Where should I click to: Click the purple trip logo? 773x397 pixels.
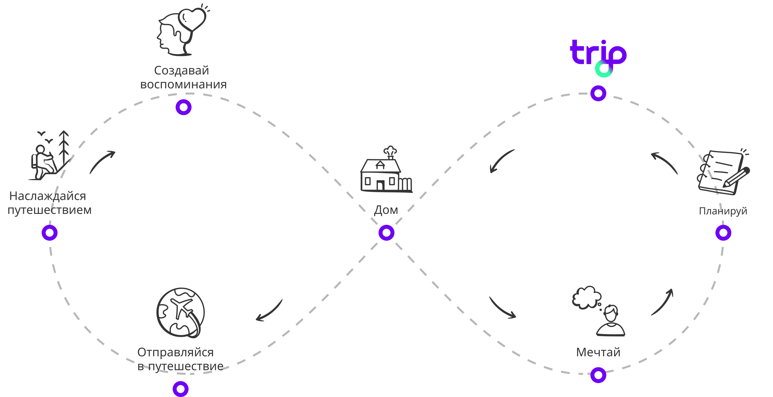pyautogui.click(x=597, y=54)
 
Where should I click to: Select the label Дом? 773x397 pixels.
pyautogui.click(x=386, y=210)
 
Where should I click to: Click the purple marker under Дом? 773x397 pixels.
pyautogui.click(x=386, y=233)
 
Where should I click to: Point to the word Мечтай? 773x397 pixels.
pyautogui.click(x=598, y=352)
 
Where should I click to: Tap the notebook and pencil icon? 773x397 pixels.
pyautogui.click(x=723, y=173)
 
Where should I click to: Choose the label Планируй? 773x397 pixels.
pyautogui.click(x=723, y=211)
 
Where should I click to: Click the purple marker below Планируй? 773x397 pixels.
pyautogui.click(x=723, y=233)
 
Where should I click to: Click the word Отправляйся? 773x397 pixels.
pyautogui.click(x=175, y=352)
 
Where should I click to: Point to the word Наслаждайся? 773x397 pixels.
pyautogui.click(x=48, y=196)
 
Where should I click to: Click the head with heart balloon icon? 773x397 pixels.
pyautogui.click(x=182, y=32)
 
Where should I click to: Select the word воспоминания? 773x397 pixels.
pyautogui.click(x=183, y=84)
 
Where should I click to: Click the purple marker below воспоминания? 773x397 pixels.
pyautogui.click(x=183, y=107)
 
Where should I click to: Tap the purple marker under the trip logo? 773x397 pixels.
pyautogui.click(x=598, y=93)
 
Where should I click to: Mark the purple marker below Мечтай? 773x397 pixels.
pyautogui.click(x=598, y=375)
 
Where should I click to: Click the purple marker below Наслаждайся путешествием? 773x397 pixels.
pyautogui.click(x=50, y=233)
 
